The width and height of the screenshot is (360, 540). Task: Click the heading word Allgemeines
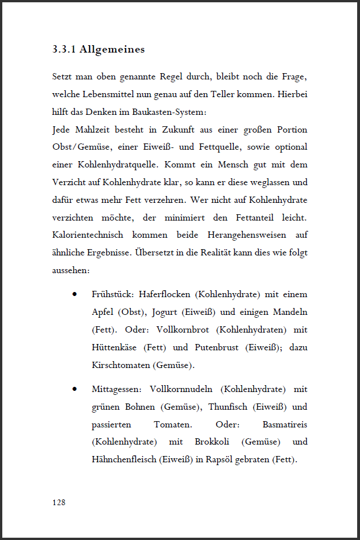(x=112, y=49)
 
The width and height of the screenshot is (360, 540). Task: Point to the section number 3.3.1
(x=64, y=49)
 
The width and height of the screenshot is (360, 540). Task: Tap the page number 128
(x=58, y=502)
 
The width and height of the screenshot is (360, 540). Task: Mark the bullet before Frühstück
(x=75, y=294)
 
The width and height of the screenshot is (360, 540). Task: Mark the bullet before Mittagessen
(x=75, y=389)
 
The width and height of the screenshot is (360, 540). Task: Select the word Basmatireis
(x=285, y=425)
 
